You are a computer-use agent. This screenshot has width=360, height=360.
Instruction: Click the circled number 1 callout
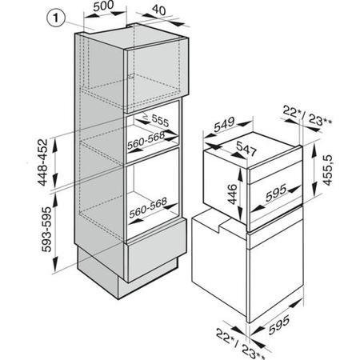tap(56, 18)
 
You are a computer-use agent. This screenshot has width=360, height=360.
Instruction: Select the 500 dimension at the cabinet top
tap(103, 6)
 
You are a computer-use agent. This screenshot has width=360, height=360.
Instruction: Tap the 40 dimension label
tap(159, 10)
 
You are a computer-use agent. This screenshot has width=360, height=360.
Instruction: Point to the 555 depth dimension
tap(161, 121)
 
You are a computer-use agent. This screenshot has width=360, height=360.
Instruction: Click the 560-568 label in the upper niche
tap(146, 141)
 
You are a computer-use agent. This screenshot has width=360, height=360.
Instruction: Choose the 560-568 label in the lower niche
tap(148, 207)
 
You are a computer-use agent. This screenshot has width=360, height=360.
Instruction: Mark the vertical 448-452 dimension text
tap(42, 162)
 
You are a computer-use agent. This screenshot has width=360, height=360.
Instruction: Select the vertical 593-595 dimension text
tap(46, 229)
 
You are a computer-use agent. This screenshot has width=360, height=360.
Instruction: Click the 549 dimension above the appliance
tap(224, 124)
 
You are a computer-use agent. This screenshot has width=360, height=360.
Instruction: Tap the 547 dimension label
tap(246, 149)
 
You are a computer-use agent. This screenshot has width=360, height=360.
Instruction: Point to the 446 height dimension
tap(232, 194)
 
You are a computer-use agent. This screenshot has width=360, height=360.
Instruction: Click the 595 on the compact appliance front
tap(276, 193)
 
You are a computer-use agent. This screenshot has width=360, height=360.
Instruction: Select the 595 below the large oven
tap(278, 325)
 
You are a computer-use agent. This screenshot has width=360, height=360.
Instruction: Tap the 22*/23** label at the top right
tap(307, 115)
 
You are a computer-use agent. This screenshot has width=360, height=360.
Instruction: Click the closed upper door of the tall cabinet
tap(156, 74)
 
